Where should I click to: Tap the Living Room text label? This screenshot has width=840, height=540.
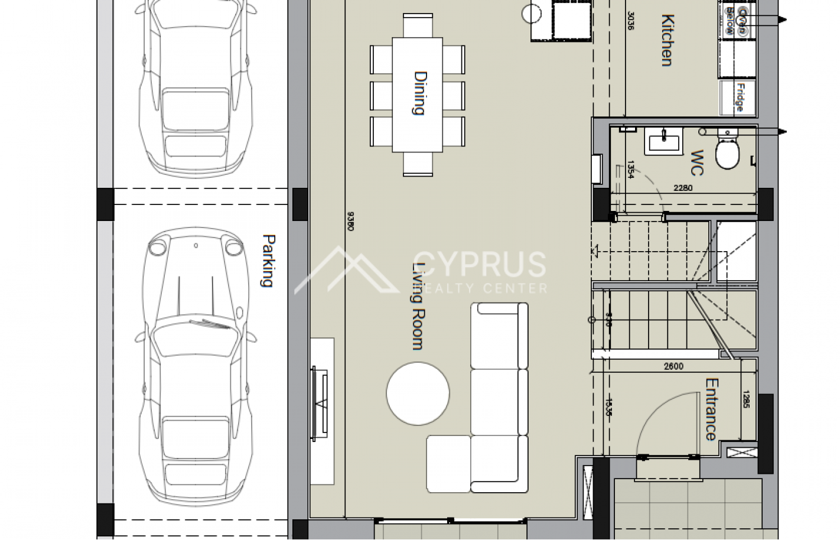(x=419, y=306)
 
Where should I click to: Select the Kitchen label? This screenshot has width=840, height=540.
(x=667, y=40)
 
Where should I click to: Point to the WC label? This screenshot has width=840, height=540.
(x=697, y=163)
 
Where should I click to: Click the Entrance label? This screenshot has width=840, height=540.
(x=711, y=409)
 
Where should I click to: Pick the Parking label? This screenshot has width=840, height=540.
(x=268, y=261)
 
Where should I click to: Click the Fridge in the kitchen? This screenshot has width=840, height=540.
(x=738, y=97)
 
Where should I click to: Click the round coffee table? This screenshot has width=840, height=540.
(x=418, y=393)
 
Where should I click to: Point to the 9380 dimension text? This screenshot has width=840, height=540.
(x=350, y=221)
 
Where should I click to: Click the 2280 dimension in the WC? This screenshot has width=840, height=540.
(x=683, y=188)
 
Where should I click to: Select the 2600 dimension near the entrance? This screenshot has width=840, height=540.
(x=673, y=366)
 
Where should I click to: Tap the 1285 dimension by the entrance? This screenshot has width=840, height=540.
(x=745, y=399)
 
